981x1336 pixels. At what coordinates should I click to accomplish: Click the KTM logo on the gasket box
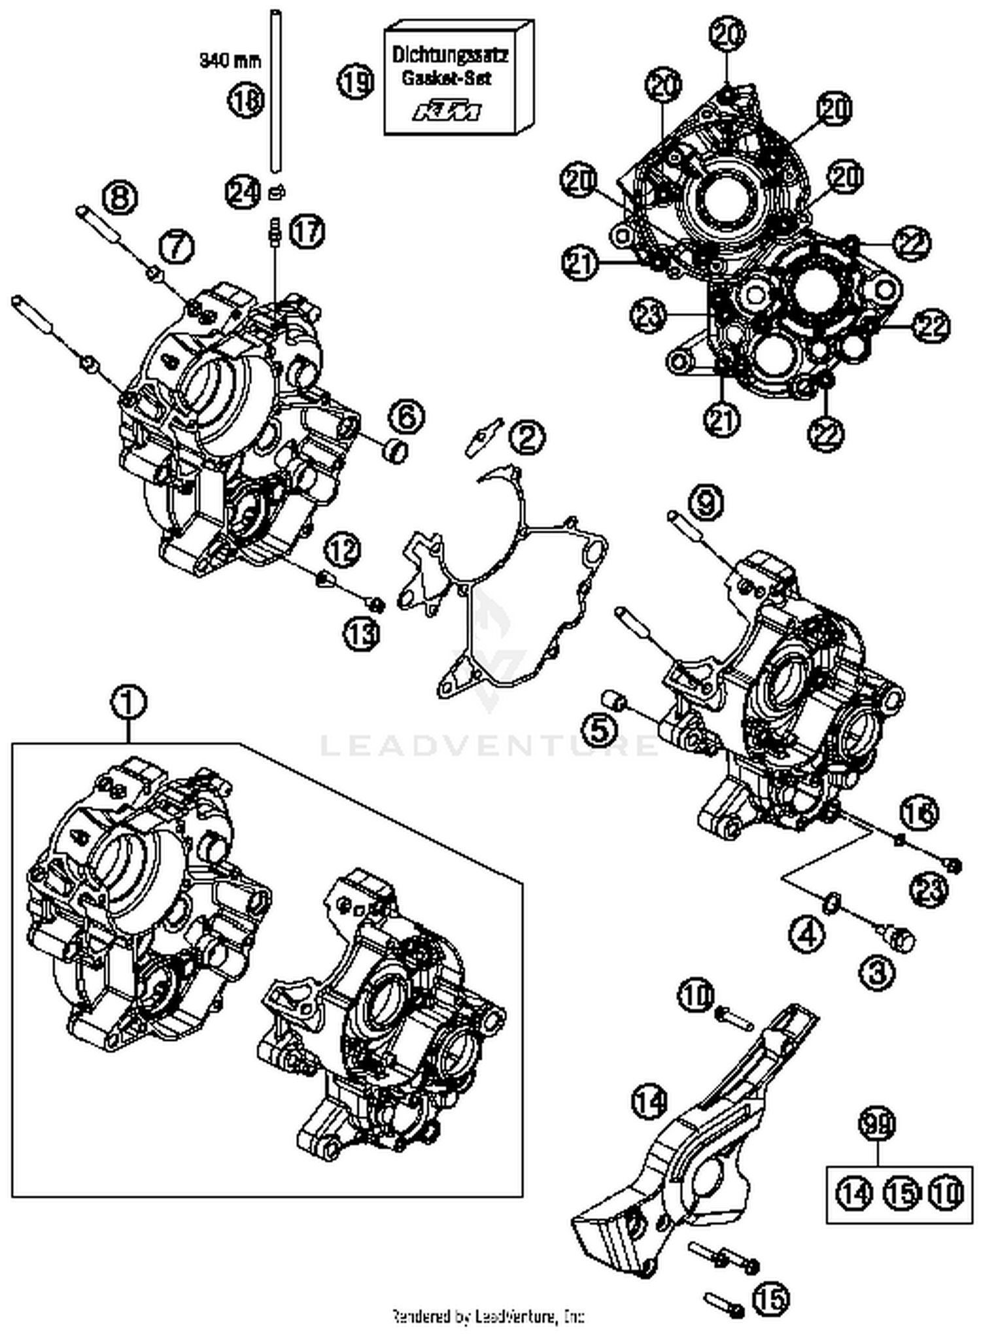pyautogui.click(x=447, y=111)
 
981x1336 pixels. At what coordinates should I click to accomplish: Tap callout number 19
pyautogui.click(x=356, y=82)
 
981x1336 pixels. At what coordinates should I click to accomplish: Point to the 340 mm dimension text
pyautogui.click(x=230, y=61)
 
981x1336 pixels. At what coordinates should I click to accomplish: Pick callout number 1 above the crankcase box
pyautogui.click(x=129, y=704)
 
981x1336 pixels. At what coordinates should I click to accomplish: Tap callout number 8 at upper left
pyautogui.click(x=120, y=197)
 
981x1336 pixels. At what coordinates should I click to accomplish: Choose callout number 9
pyautogui.click(x=706, y=504)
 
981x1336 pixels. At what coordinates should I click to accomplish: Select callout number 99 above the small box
pyautogui.click(x=878, y=1125)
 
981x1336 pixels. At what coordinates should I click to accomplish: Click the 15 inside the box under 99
pyautogui.click(x=901, y=1193)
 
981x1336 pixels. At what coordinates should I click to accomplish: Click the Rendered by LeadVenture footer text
pyautogui.click(x=487, y=1316)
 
